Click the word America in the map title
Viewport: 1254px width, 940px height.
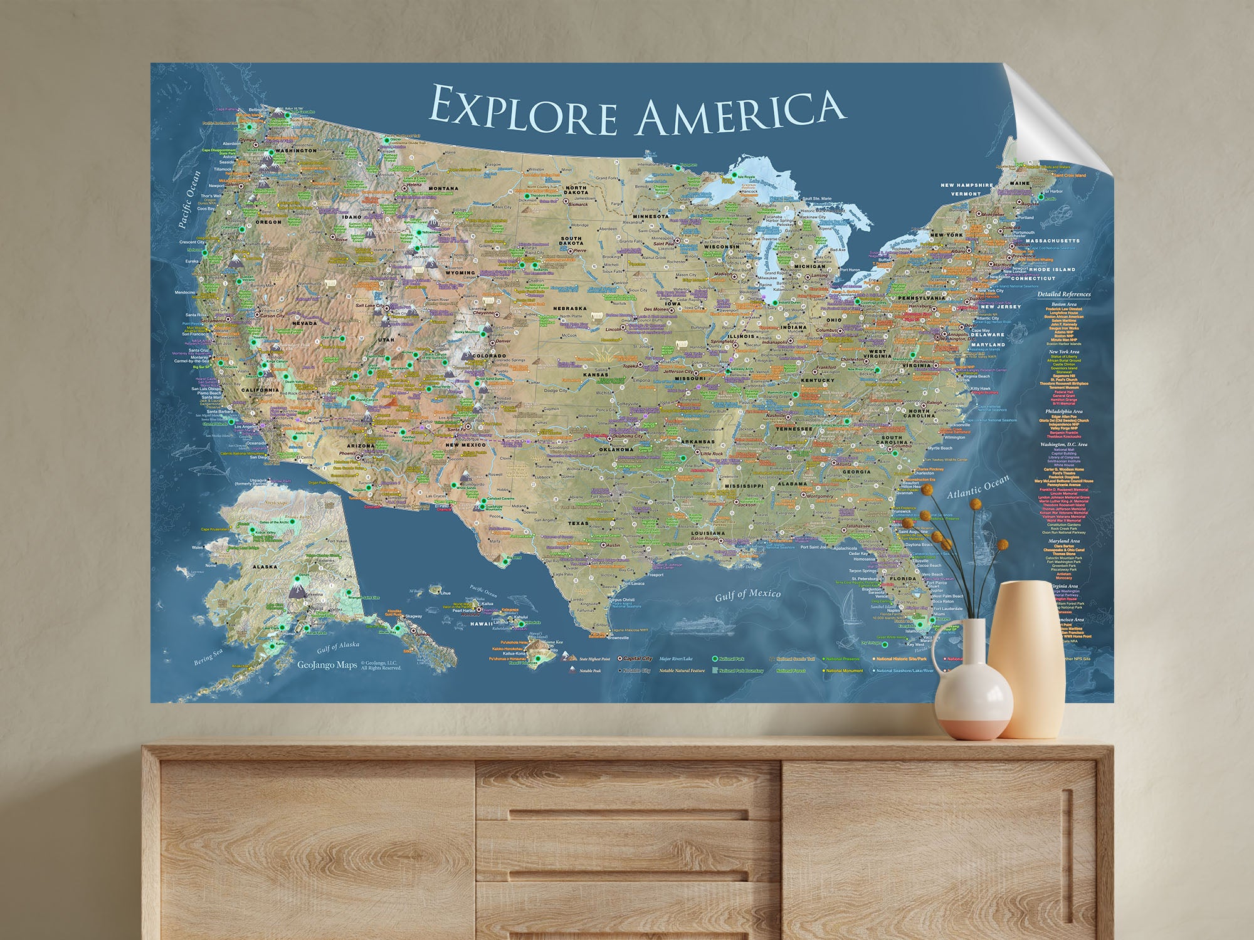740,113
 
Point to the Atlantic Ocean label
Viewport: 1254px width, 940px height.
977,487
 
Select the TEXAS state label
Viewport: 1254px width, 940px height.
578,523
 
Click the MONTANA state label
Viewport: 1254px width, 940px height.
443,189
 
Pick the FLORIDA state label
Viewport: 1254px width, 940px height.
902,578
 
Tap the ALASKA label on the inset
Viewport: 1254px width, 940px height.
265,567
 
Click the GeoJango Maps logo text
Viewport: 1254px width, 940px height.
327,665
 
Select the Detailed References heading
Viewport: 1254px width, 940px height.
1063,294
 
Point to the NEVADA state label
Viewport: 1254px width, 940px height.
305,323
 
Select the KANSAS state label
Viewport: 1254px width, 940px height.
595,375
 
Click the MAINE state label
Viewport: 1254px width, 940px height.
1020,184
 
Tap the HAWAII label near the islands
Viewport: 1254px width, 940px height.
482,624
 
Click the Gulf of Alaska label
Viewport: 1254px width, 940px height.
338,646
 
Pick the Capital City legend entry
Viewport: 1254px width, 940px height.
638,659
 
